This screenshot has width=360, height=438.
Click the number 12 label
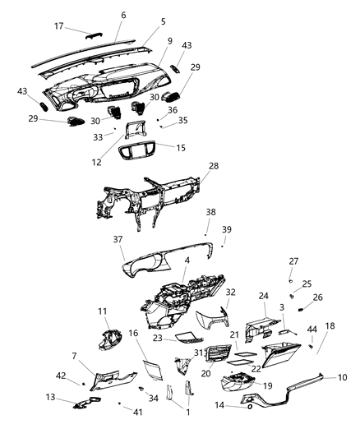97,162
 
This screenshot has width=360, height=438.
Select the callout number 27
293,262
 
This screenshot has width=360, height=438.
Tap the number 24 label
264,296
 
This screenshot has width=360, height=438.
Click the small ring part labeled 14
249,406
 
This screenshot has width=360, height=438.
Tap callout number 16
132,333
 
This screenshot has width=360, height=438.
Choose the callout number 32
231,292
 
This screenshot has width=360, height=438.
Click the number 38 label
210,212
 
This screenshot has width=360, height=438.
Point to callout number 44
312,330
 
